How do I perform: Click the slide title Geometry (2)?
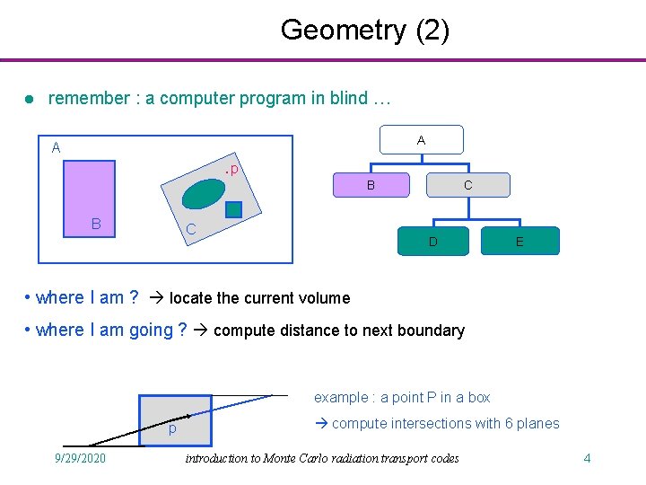pyautogui.click(x=364, y=30)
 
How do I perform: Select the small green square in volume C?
pyautogui.click(x=233, y=210)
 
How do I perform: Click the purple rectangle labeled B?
pyautogui.click(x=90, y=198)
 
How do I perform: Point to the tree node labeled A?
pyautogui.click(x=421, y=140)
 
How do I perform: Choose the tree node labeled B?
pyautogui.click(x=370, y=185)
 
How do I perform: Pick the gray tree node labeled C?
pyautogui.click(x=467, y=185)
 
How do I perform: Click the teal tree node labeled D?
pyautogui.click(x=432, y=241)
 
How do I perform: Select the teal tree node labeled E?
pyautogui.click(x=519, y=241)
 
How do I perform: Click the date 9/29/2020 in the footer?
pyautogui.click(x=81, y=458)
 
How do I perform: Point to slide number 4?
pyautogui.click(x=587, y=458)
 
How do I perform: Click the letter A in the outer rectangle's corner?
pyautogui.click(x=56, y=148)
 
